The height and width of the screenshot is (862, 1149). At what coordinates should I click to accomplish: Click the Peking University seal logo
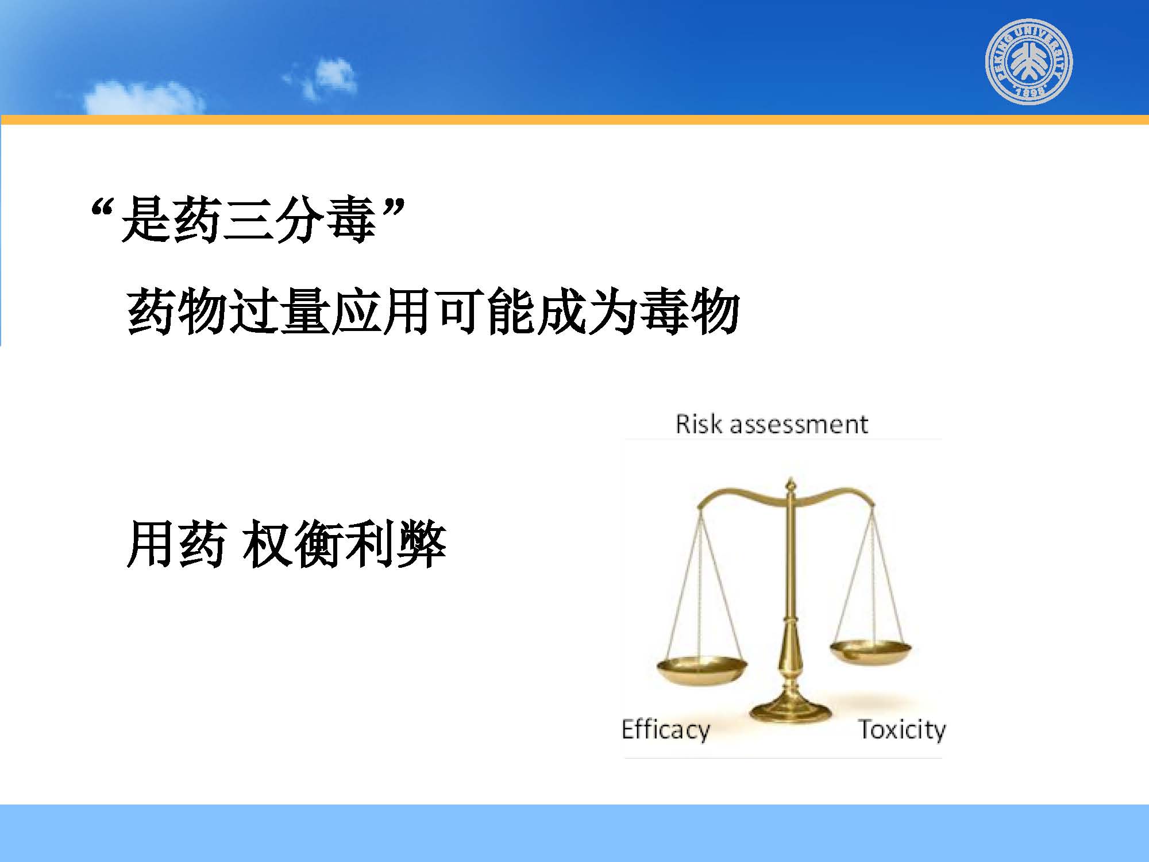(x=1029, y=61)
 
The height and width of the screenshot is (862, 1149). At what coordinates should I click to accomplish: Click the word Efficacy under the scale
(x=666, y=730)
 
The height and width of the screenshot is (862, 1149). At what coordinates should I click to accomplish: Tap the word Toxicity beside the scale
(x=902, y=730)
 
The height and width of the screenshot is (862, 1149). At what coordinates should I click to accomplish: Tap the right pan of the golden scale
(x=871, y=652)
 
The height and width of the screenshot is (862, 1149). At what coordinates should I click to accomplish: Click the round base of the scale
(x=791, y=710)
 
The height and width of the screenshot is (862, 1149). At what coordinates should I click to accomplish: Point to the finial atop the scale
(x=791, y=486)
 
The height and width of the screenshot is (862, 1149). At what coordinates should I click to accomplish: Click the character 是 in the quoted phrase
(x=146, y=219)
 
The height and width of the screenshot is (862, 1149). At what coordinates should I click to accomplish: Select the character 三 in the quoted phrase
(x=248, y=219)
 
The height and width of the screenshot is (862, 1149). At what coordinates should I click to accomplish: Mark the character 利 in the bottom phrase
(x=370, y=544)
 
